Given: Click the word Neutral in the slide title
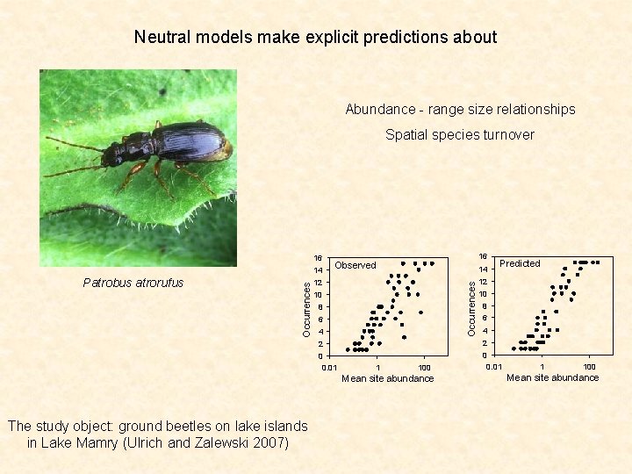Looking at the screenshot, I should click(161, 37).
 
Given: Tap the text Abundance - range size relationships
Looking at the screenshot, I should click(460, 110).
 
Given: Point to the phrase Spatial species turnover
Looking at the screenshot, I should click(460, 135).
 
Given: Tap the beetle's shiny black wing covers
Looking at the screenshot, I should click(191, 140).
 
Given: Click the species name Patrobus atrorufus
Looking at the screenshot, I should click(133, 283).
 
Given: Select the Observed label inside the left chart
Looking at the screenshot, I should click(355, 265).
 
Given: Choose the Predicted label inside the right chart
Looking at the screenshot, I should click(520, 263).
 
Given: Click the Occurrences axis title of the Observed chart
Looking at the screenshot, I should click(306, 309).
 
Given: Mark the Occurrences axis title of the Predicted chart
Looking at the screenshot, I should click(471, 307).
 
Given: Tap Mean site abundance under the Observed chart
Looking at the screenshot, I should click(387, 379).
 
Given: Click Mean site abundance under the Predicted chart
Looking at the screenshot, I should click(552, 377).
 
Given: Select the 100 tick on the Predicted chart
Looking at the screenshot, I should click(590, 366).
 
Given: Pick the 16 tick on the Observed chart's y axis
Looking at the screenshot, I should click(319, 258).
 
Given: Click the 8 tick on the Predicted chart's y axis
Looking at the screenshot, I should click(484, 305).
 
